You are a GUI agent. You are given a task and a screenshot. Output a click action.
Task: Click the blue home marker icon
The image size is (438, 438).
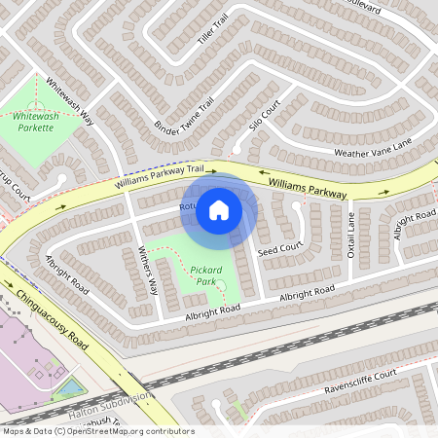[x=219, y=209]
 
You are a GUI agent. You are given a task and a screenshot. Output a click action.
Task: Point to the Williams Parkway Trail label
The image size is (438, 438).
[x=161, y=176]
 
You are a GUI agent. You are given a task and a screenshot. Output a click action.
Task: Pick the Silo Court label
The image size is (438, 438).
[x=264, y=114]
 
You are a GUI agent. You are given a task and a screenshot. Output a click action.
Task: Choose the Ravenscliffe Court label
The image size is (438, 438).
[x=360, y=382]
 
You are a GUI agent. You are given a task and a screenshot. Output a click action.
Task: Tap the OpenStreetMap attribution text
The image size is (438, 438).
[x=97, y=430]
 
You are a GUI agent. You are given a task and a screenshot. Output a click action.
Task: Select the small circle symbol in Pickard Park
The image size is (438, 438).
[x=221, y=285]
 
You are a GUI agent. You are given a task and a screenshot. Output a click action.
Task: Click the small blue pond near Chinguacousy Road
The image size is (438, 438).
[x=68, y=388]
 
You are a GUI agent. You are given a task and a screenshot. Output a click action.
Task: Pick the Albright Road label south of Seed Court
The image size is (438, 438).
[x=307, y=293]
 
